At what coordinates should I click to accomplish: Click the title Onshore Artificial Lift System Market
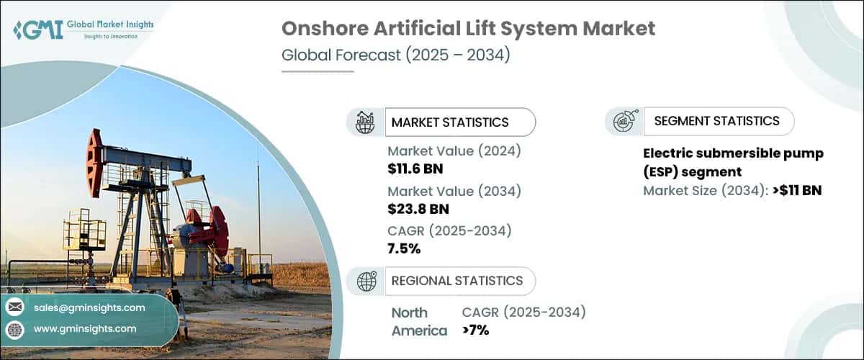click(x=468, y=29)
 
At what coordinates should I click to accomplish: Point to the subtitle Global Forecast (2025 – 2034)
click(x=395, y=55)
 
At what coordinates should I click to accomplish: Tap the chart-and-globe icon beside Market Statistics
click(x=365, y=122)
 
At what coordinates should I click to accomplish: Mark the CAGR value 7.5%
click(x=404, y=249)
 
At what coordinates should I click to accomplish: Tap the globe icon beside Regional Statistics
click(x=366, y=282)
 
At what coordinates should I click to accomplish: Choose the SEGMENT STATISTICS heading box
click(x=716, y=121)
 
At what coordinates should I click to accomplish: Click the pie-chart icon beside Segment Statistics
click(x=623, y=122)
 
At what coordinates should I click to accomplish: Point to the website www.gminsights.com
click(x=84, y=328)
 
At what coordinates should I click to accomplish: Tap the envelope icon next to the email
click(x=15, y=307)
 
